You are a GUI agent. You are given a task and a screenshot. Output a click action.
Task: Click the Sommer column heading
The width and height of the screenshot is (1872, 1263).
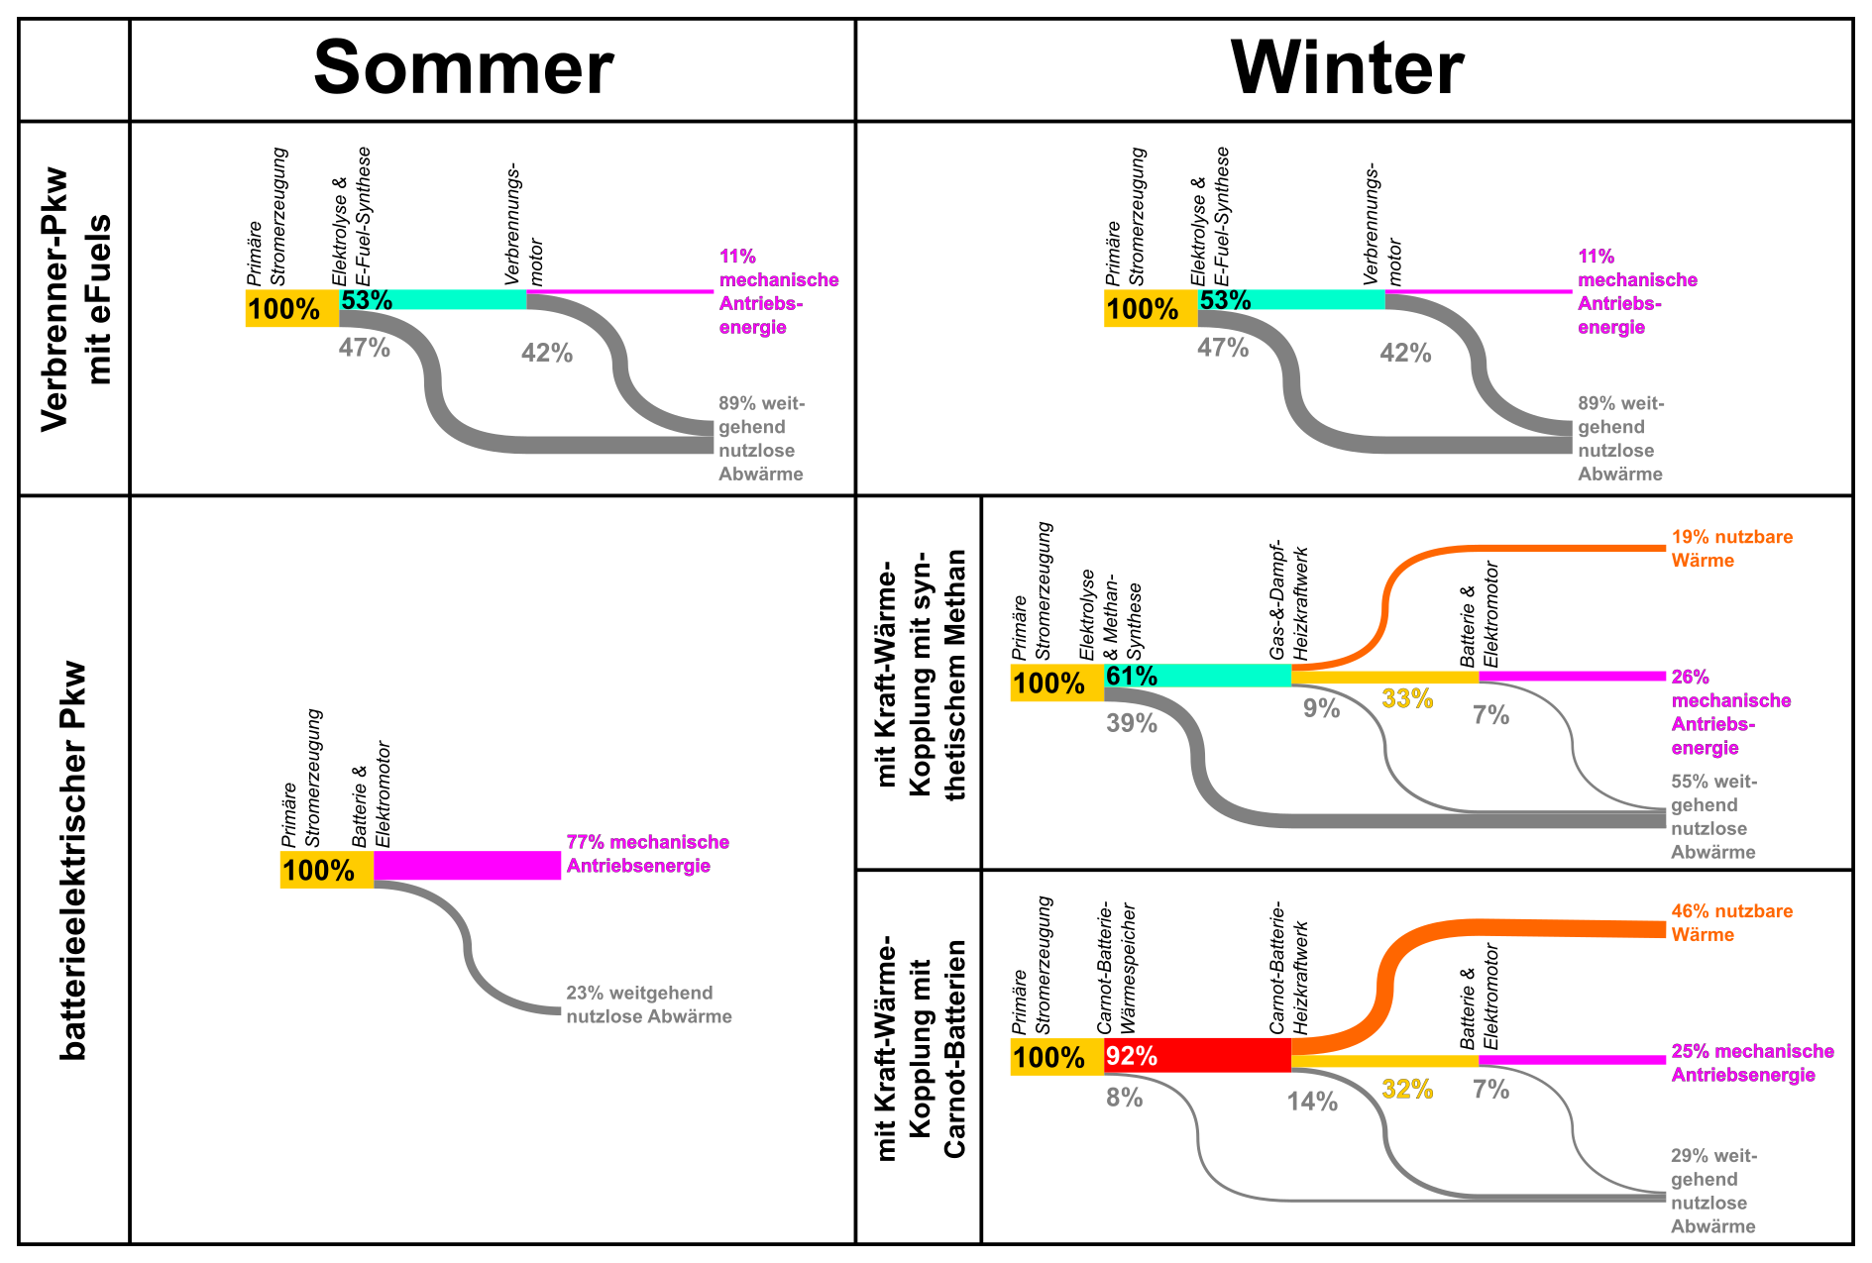pyautogui.click(x=464, y=67)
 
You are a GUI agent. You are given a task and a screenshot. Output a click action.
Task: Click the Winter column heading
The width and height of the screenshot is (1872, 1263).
pyautogui.click(x=1347, y=67)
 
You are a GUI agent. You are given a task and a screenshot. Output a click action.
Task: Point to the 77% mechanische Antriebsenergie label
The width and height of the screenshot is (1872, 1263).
pyautogui.click(x=647, y=854)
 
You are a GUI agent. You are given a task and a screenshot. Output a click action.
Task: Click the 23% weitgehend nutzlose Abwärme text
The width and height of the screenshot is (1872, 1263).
pyautogui.click(x=648, y=1004)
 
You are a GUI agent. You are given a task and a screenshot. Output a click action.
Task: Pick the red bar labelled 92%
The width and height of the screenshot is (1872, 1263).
pyautogui.click(x=1197, y=1055)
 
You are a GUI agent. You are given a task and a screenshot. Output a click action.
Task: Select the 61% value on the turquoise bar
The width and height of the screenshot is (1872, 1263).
pyautogui.click(x=1132, y=677)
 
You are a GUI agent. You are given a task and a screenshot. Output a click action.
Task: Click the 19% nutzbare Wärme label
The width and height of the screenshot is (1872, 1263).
pyautogui.click(x=1731, y=549)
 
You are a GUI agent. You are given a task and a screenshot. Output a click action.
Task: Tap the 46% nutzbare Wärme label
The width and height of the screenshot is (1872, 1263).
pyautogui.click(x=1731, y=922)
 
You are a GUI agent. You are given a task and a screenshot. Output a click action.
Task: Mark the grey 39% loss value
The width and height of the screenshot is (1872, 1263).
pyautogui.click(x=1132, y=723)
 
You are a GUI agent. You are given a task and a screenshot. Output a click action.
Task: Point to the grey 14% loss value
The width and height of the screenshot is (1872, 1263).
pyautogui.click(x=1312, y=1102)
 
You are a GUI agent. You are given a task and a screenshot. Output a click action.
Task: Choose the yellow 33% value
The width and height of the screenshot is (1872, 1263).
pyautogui.click(x=1407, y=699)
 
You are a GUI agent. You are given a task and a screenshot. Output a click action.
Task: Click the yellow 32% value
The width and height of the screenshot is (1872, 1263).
pyautogui.click(x=1407, y=1090)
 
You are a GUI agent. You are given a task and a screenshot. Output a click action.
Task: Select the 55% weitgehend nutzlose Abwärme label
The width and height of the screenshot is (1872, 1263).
pyautogui.click(x=1713, y=816)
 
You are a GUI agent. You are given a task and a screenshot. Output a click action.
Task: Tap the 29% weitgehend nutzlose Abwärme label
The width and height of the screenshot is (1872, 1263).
pyautogui.click(x=1713, y=1191)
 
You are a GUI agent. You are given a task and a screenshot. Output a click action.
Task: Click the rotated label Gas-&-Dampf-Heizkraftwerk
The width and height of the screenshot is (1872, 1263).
pyautogui.click(x=1289, y=601)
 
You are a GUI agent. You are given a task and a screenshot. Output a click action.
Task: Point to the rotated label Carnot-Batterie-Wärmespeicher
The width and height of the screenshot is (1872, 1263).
pyautogui.click(x=1116, y=969)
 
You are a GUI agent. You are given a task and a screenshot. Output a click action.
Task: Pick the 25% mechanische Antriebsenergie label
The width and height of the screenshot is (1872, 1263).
pyautogui.click(x=1752, y=1063)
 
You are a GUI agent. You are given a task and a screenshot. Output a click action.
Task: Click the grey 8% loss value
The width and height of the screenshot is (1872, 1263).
pyautogui.click(x=1125, y=1098)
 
